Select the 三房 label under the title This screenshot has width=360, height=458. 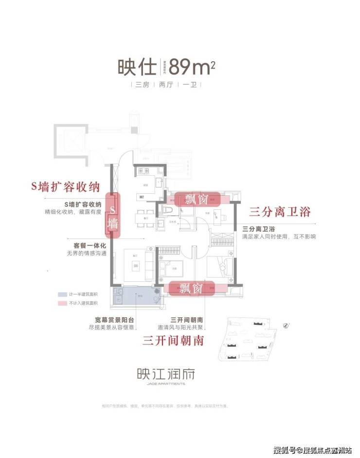coord(142,85)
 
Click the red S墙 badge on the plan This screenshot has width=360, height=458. coord(113,216)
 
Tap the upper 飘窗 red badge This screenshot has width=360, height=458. coord(198,199)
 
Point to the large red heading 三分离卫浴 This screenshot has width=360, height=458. coord(280,212)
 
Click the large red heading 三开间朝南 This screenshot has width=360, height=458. coord(173,340)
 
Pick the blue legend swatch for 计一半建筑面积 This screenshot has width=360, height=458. coord(62,295)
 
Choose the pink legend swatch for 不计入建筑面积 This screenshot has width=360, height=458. coord(62,303)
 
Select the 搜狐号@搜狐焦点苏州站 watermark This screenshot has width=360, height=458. coord(313,448)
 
